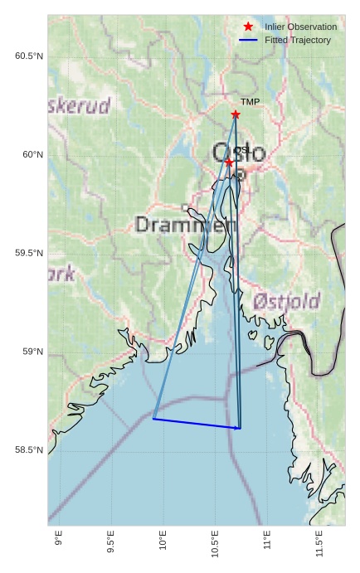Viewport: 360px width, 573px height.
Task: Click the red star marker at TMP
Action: (236, 114)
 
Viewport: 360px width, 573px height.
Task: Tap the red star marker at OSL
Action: (229, 163)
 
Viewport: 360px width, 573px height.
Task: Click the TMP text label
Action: (250, 102)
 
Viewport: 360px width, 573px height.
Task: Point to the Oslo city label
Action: (239, 153)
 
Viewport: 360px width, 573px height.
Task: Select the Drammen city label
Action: (185, 225)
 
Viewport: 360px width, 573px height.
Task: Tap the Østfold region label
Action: (287, 301)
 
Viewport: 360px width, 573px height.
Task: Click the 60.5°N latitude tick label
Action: (29, 56)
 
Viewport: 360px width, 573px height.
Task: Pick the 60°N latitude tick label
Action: (32, 155)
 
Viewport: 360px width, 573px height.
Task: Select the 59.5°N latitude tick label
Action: (29, 254)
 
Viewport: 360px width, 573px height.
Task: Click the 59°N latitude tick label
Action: (32, 352)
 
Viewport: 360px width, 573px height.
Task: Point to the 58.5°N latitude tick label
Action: (29, 450)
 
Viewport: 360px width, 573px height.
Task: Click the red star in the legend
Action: (248, 27)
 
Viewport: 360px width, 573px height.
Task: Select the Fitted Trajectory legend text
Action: (297, 40)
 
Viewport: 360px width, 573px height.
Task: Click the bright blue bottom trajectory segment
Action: (197, 424)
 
